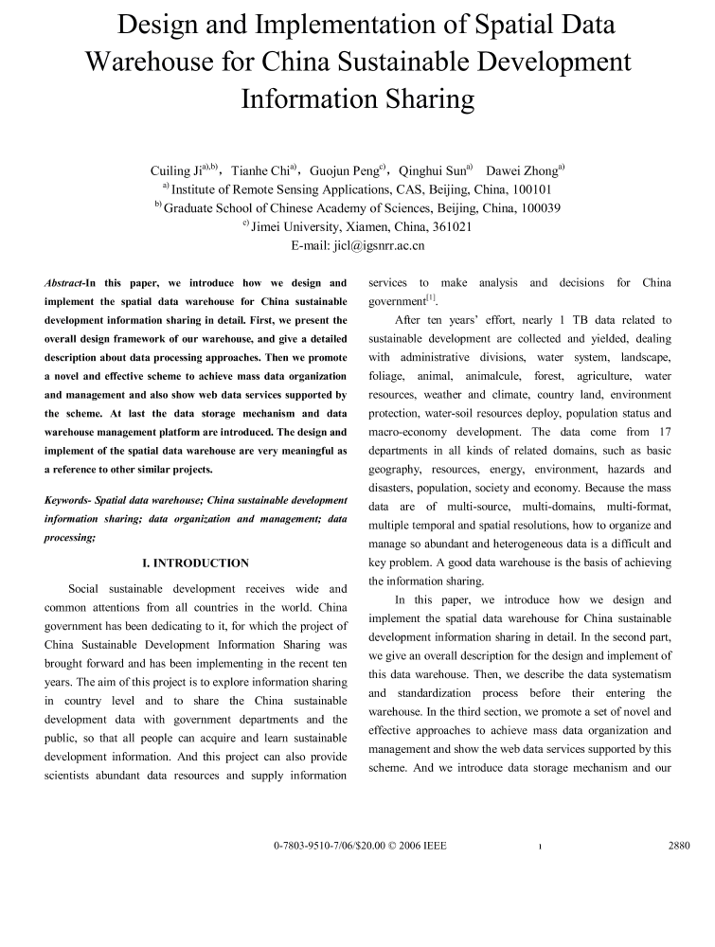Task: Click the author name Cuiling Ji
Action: click(x=175, y=171)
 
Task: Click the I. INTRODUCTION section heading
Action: click(x=195, y=563)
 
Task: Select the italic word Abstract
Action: click(x=63, y=283)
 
